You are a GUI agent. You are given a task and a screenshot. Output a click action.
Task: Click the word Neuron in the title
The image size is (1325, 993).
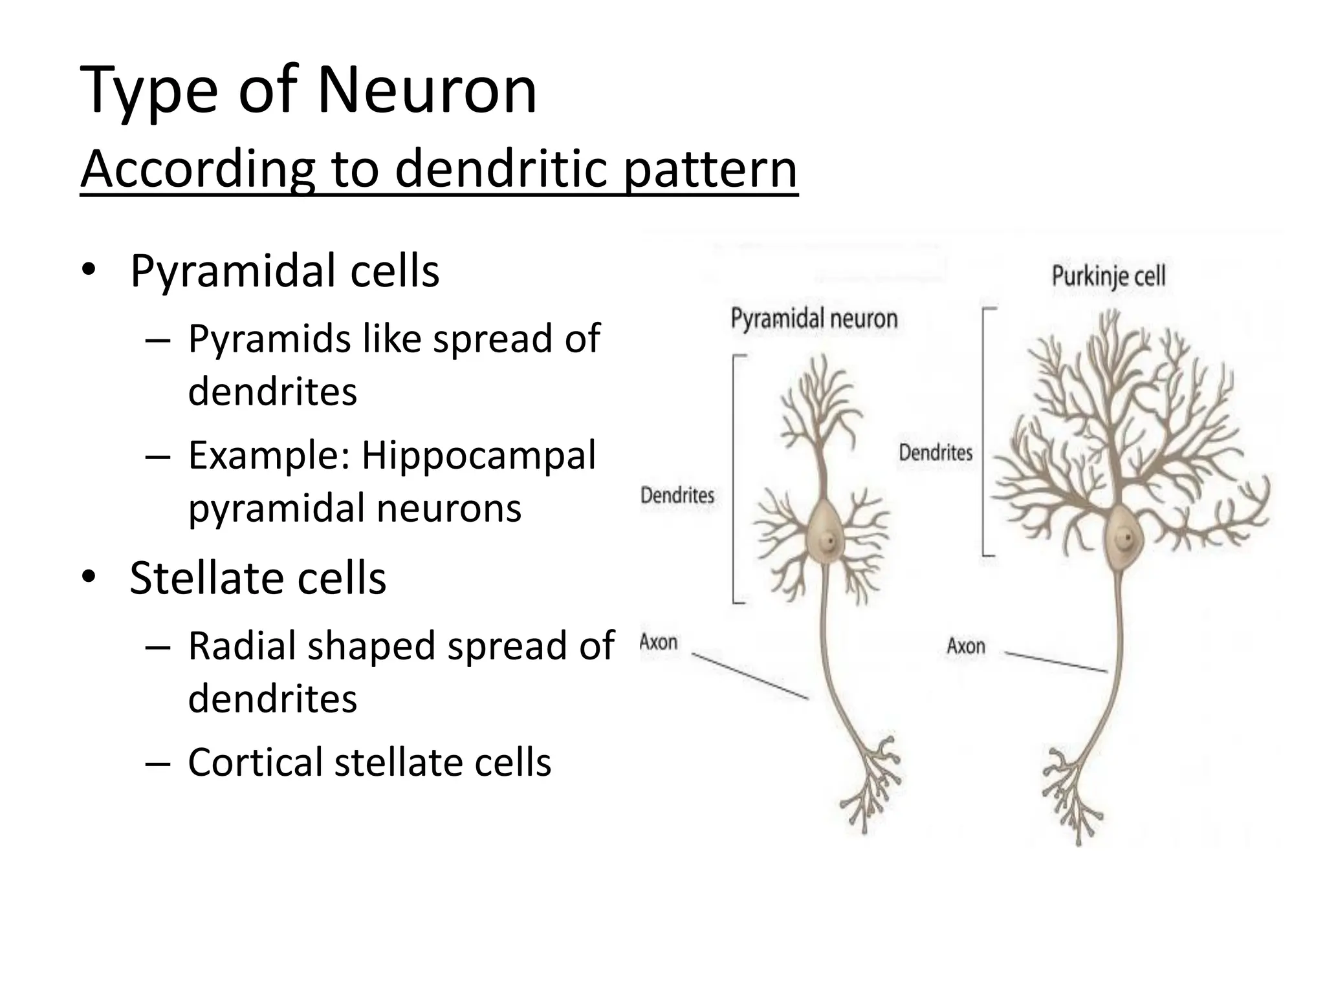point(427,91)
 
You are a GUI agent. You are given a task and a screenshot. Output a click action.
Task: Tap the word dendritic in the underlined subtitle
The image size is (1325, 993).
point(501,169)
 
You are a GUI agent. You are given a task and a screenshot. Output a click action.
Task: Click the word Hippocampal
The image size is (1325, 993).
point(478,455)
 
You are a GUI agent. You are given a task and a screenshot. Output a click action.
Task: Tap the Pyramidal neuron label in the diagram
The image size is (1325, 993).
point(814,319)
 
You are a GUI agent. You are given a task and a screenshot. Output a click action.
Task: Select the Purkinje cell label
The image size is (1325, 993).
point(1108,277)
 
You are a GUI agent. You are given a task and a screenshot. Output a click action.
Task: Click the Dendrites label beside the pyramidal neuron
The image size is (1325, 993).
point(677,496)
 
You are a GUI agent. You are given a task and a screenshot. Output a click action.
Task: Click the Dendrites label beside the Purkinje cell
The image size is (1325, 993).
point(936,453)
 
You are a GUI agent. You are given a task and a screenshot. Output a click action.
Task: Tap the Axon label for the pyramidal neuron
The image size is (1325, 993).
point(659,643)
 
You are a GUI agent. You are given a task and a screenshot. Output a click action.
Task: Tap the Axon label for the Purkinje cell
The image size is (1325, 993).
point(965,646)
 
